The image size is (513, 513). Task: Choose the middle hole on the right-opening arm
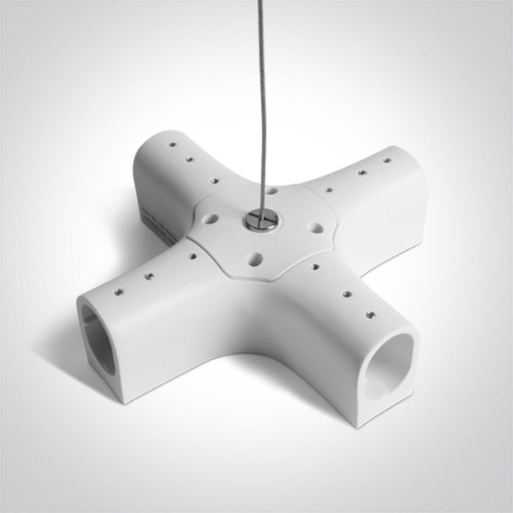(x=346, y=293)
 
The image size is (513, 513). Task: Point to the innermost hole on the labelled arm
(x=208, y=180)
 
